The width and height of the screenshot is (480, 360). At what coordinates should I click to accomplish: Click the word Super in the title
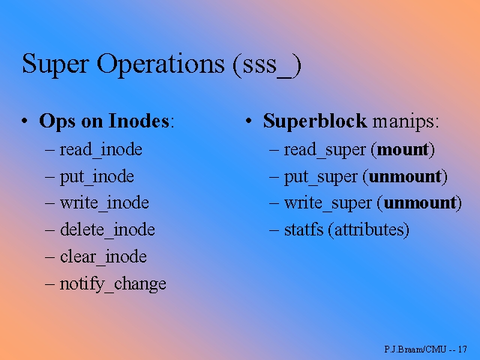point(49,64)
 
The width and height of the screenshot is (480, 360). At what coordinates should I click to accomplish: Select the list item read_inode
point(100,149)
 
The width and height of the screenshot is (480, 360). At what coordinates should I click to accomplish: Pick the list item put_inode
point(97,176)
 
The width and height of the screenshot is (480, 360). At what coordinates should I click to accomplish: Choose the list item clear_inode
point(103,257)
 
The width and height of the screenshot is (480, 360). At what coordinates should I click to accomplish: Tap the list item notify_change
point(112,284)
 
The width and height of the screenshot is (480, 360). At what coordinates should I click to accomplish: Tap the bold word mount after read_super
point(402,149)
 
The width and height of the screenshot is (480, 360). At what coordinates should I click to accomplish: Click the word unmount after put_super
point(404,176)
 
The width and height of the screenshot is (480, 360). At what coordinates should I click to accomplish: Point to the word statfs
point(303,229)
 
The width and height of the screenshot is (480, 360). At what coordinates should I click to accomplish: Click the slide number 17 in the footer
point(462,350)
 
